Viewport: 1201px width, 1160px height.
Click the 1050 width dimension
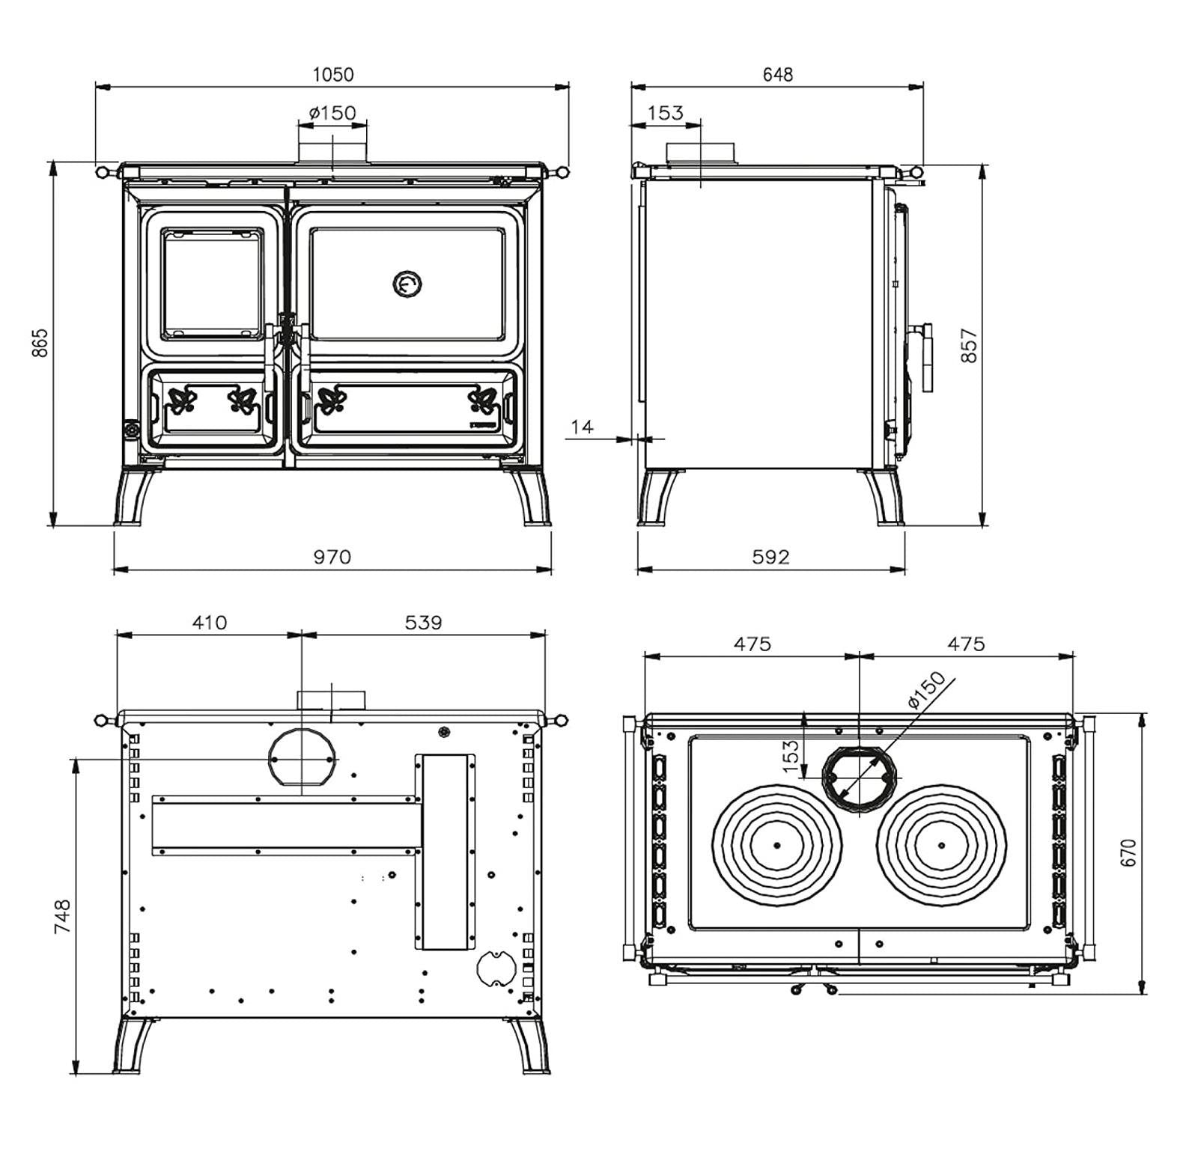333,74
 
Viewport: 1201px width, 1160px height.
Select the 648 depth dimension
777,74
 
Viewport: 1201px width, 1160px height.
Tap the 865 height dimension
40,342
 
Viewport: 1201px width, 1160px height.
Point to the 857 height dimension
969,345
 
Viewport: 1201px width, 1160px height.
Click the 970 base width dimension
332,557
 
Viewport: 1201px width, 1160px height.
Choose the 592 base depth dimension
770,557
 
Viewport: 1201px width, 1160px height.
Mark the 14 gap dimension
582,427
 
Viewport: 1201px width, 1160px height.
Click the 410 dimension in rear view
209,623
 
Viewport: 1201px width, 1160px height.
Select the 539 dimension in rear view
423,623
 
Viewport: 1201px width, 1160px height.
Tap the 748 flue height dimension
62,915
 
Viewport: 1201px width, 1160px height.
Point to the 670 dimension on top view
1128,852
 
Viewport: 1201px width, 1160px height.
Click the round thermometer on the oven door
407,284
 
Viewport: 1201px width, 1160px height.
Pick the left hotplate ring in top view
777,845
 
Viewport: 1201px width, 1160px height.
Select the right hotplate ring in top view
941,845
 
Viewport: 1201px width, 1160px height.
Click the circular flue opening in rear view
302,758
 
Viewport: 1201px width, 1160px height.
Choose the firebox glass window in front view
213,284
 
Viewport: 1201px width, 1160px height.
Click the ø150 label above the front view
332,113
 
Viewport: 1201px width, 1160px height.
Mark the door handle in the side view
926,357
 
